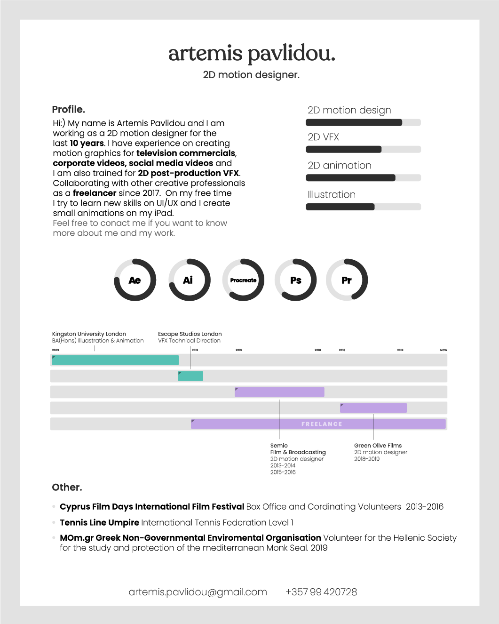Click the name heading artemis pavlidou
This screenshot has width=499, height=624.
click(252, 54)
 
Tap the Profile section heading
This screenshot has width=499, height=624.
click(69, 110)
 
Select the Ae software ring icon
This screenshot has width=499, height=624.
click(135, 280)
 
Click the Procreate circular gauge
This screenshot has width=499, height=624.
click(243, 280)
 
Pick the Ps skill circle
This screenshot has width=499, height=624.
click(296, 280)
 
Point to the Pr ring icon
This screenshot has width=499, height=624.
click(347, 280)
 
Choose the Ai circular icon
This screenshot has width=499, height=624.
click(188, 280)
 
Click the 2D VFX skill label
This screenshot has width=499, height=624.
click(323, 137)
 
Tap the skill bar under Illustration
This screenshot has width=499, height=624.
click(363, 207)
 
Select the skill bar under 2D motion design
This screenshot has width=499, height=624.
click(363, 123)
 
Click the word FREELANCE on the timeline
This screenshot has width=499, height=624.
click(322, 424)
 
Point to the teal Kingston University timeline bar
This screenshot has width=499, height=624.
click(115, 360)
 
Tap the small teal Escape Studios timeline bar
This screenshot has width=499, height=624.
click(190, 376)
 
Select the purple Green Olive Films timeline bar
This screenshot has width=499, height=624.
click(373, 408)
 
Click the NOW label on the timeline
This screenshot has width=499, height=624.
click(443, 350)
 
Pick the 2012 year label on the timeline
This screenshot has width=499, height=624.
click(195, 350)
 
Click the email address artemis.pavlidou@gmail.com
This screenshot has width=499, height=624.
click(198, 592)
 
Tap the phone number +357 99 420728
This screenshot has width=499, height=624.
click(321, 592)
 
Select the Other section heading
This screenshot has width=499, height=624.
click(67, 488)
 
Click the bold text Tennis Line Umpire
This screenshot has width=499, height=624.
click(99, 522)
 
